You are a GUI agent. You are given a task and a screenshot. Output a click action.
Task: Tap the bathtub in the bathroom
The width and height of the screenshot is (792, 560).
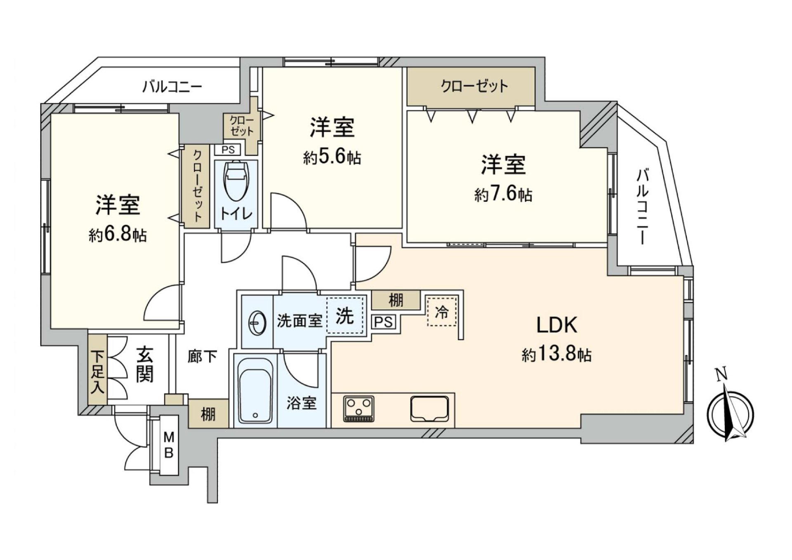click(x=255, y=390)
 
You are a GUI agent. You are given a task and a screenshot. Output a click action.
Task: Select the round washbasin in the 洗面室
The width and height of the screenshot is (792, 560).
click(x=258, y=322)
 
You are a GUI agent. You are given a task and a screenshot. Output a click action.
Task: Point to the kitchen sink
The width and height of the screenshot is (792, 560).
click(x=429, y=409)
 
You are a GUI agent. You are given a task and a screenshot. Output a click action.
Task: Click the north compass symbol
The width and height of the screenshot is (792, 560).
click(x=730, y=413)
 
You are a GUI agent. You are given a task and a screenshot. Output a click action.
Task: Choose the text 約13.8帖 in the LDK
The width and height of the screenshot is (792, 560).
click(x=556, y=354)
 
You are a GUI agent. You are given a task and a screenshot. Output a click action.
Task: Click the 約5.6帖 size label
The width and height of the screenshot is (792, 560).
click(x=332, y=158)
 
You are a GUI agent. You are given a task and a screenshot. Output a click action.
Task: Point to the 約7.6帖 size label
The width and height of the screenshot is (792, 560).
click(x=503, y=194)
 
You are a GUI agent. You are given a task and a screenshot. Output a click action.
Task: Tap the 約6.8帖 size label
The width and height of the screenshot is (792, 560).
click(x=118, y=235)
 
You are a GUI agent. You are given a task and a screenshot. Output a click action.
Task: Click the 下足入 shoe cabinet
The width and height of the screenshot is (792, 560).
click(x=97, y=370)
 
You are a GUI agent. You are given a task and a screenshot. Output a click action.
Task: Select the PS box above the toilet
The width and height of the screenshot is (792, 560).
click(x=228, y=149)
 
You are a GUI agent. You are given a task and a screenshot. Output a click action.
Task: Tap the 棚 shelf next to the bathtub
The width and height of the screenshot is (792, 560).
click(x=208, y=414)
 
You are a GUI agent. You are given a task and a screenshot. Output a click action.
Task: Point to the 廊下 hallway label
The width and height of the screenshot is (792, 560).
click(x=202, y=356)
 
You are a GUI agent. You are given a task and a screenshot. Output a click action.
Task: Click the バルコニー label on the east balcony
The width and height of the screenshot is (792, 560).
click(x=643, y=206)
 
